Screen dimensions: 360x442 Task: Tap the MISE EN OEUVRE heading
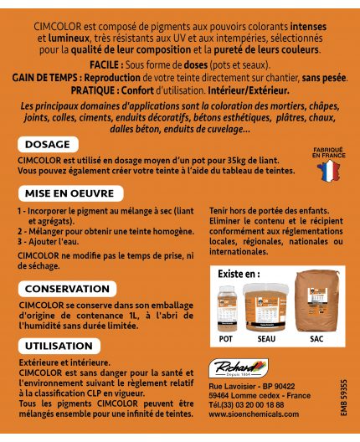point(66,193)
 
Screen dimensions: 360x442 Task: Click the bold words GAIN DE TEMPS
point(44,76)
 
